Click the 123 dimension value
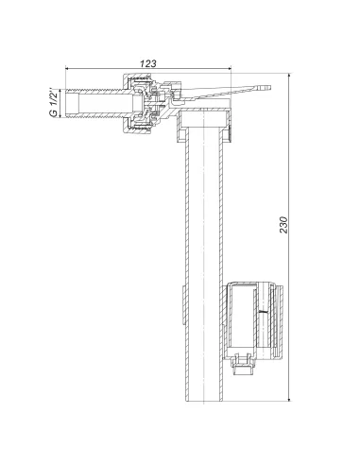(x=147, y=63)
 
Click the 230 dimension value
(x=284, y=225)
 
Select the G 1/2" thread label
(x=54, y=104)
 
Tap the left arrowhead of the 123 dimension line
(x=68, y=68)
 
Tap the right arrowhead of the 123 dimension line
(x=229, y=68)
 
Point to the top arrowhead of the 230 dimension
(x=289, y=76)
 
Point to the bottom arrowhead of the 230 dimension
(x=289, y=399)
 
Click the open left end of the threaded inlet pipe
(x=66, y=104)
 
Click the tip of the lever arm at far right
(x=269, y=87)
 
